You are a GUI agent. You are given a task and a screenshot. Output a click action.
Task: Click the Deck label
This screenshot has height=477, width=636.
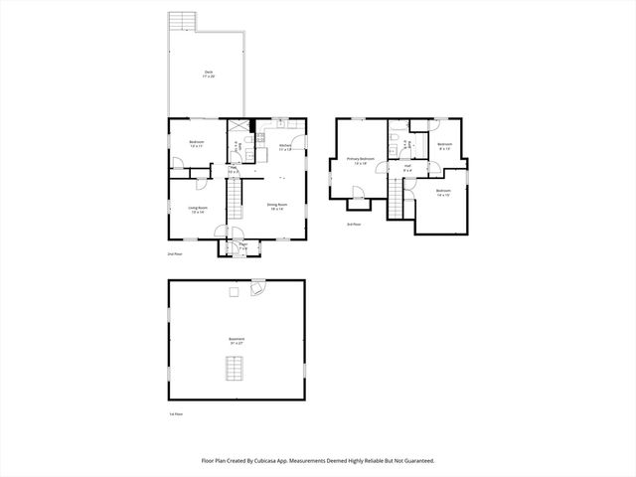[209, 73]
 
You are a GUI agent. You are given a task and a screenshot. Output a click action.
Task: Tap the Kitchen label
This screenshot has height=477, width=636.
[285, 147]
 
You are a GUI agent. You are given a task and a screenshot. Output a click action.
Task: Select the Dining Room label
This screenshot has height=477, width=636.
[275, 207]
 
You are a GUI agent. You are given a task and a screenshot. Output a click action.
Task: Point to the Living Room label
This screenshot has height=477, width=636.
[197, 209]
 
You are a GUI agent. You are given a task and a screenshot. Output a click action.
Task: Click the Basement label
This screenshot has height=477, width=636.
[237, 340]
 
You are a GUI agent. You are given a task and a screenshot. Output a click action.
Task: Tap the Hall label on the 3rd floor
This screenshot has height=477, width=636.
[407, 168]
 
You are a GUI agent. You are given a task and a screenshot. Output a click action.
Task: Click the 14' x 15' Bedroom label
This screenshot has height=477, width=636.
[442, 192]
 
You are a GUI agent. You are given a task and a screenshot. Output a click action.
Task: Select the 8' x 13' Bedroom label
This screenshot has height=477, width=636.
[444, 146]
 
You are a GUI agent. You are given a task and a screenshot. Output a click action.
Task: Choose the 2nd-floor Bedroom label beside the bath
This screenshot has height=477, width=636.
[197, 143]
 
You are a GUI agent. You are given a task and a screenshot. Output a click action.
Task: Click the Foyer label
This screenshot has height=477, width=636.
[242, 244]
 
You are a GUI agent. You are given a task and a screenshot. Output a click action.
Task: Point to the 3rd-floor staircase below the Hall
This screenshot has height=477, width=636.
[402, 201]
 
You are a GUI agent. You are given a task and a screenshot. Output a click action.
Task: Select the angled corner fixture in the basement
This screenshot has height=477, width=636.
[259, 288]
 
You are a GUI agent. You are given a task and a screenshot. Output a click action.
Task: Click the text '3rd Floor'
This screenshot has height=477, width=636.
[353, 225]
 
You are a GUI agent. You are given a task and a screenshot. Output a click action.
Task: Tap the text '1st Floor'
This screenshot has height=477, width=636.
[176, 413]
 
